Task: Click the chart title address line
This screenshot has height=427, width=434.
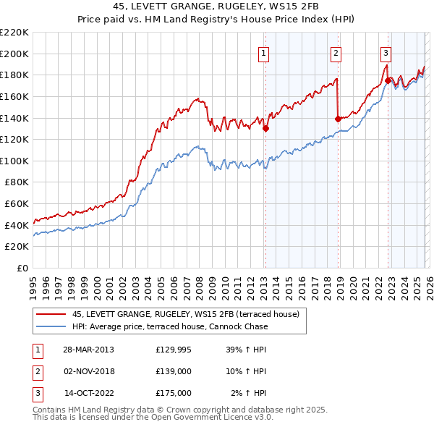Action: click(x=216, y=7)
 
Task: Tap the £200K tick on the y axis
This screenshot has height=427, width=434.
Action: click(x=14, y=54)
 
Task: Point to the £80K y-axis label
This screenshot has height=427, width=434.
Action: click(x=17, y=182)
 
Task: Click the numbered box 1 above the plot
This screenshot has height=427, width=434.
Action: click(x=264, y=52)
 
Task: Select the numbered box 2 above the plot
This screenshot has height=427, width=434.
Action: click(x=336, y=52)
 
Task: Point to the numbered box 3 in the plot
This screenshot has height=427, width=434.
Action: click(x=386, y=52)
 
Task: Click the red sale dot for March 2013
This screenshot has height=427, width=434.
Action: click(x=265, y=129)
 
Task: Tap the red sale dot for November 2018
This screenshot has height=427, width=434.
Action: click(x=338, y=119)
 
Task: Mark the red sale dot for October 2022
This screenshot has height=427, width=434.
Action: click(x=388, y=80)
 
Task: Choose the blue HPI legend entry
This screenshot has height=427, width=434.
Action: click(x=169, y=326)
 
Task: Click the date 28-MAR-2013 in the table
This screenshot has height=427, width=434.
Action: click(x=89, y=350)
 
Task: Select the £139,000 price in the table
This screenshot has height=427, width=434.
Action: click(x=174, y=371)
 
